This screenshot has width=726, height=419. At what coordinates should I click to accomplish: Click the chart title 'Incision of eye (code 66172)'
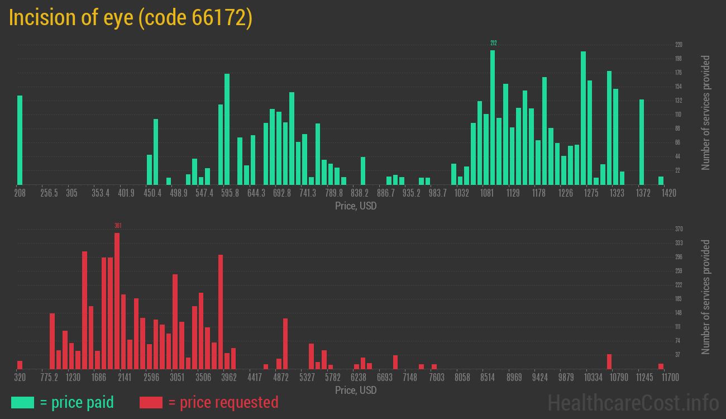[x=131, y=18]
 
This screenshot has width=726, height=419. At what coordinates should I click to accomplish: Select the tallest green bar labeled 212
[x=493, y=117]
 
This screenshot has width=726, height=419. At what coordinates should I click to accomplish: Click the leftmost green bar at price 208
[x=20, y=140]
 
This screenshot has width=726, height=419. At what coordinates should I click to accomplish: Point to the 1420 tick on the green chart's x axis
[x=669, y=193]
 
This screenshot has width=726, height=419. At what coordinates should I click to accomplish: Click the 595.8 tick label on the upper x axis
[x=230, y=193]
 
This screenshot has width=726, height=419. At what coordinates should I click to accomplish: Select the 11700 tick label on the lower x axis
[x=670, y=378]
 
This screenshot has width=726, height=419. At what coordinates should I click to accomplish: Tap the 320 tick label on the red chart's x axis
[x=20, y=378]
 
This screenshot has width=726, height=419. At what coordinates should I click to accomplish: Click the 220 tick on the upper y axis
[x=679, y=45]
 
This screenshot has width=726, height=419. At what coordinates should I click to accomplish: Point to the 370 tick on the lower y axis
[x=679, y=229]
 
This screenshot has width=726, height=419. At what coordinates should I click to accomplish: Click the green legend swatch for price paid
[x=22, y=402]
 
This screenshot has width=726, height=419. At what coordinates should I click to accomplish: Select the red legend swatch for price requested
[x=151, y=402]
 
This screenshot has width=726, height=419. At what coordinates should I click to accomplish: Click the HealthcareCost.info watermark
[x=633, y=402]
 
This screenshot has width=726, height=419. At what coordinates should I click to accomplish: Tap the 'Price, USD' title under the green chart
[x=356, y=206]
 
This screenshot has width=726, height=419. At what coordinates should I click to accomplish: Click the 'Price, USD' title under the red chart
[x=356, y=390]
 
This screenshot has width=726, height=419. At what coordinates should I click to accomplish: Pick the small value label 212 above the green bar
[x=493, y=43]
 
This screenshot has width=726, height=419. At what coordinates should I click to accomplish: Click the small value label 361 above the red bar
[x=118, y=226]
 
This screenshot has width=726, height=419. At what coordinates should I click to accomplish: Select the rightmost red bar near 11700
[x=661, y=366]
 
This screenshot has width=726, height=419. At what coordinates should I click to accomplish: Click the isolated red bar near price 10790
[x=609, y=361]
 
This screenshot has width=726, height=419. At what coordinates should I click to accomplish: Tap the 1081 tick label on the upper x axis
[x=487, y=193]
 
